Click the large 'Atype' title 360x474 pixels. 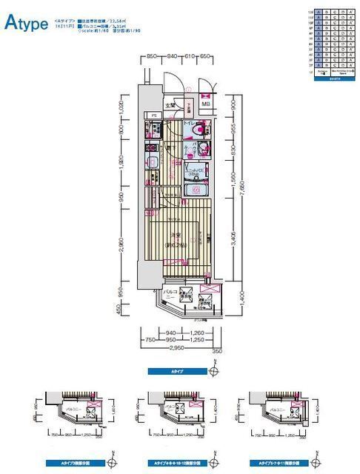coord(25,24)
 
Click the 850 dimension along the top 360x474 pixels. coord(151,56)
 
